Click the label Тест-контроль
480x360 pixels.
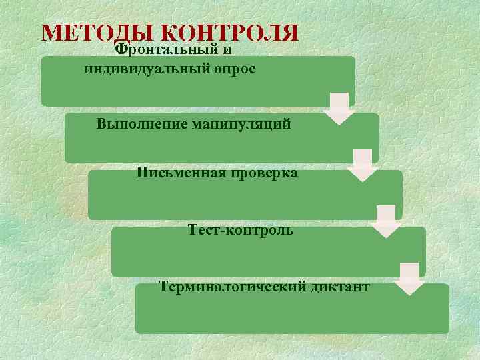[x=241, y=231]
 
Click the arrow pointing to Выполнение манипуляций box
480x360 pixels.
[x=340, y=109]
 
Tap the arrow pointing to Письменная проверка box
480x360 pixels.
[x=363, y=165]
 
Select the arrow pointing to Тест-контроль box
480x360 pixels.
[x=386, y=222]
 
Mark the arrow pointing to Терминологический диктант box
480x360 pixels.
[x=409, y=279]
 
